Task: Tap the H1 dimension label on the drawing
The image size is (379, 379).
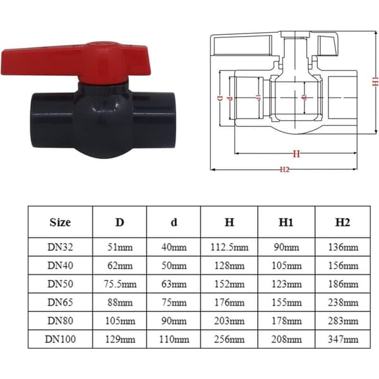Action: point(375,81)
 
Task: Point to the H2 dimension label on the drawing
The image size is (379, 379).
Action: point(284,169)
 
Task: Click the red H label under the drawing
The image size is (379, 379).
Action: point(296,153)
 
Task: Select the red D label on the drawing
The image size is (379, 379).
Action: point(220,99)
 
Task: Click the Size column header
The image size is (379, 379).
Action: point(60,222)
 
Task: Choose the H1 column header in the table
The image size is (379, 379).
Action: point(286,222)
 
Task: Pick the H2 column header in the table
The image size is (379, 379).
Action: point(343,222)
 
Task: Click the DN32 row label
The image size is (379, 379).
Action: point(60,247)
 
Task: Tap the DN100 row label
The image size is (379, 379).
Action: point(60,339)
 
